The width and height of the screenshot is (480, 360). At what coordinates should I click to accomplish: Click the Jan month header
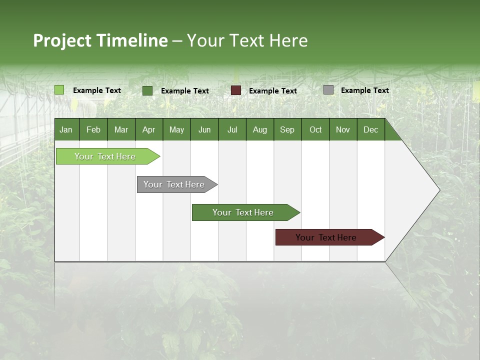[x=66, y=130]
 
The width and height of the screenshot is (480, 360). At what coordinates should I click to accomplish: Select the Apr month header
[x=148, y=130]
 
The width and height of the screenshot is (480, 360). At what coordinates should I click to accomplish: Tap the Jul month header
[x=232, y=130]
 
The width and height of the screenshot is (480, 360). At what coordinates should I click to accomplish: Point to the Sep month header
[x=287, y=130]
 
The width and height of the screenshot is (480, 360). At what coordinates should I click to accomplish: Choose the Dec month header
[x=370, y=130]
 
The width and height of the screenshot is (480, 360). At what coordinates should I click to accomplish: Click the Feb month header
[x=93, y=130]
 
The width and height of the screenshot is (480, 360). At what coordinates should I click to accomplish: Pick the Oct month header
[x=315, y=130]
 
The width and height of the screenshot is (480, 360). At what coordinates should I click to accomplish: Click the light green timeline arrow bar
[x=105, y=156]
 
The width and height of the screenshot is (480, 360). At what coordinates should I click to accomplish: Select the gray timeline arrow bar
[x=174, y=184]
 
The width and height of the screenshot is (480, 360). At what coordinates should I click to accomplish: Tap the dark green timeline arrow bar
[x=243, y=212]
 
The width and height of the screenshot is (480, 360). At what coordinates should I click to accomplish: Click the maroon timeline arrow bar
[x=326, y=237]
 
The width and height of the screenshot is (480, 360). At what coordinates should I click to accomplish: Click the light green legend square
[x=59, y=90]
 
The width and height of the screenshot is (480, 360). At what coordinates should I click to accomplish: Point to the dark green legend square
[x=147, y=90]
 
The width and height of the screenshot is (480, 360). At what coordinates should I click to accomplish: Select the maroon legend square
[x=236, y=90]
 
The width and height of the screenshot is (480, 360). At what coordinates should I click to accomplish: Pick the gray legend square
[x=328, y=90]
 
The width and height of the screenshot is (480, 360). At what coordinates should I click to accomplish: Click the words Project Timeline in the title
[x=100, y=40]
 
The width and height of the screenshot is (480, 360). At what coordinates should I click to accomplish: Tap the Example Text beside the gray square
[x=364, y=90]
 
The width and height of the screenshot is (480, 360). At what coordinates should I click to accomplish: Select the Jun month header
[x=204, y=130]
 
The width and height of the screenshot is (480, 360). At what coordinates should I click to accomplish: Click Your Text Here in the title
[x=247, y=40]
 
